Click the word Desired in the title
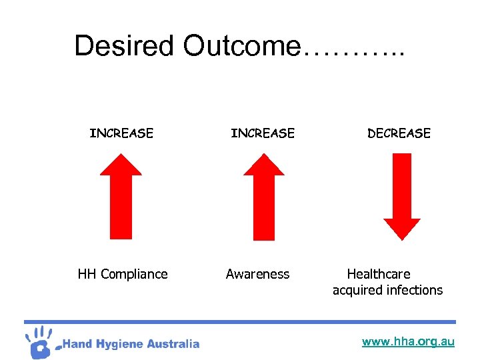[x=125, y=46]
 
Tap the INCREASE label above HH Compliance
[x=121, y=133]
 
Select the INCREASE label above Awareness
[x=263, y=133]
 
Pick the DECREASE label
[x=399, y=133]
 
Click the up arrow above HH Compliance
[x=121, y=196]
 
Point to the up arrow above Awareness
[x=264, y=197]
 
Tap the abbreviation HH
[x=87, y=274]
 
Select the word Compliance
[x=134, y=275]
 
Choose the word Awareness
[x=257, y=274]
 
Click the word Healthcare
[x=379, y=274]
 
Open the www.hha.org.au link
[x=408, y=342]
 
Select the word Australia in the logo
[x=175, y=344]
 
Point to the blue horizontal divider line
[x=240, y=322]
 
